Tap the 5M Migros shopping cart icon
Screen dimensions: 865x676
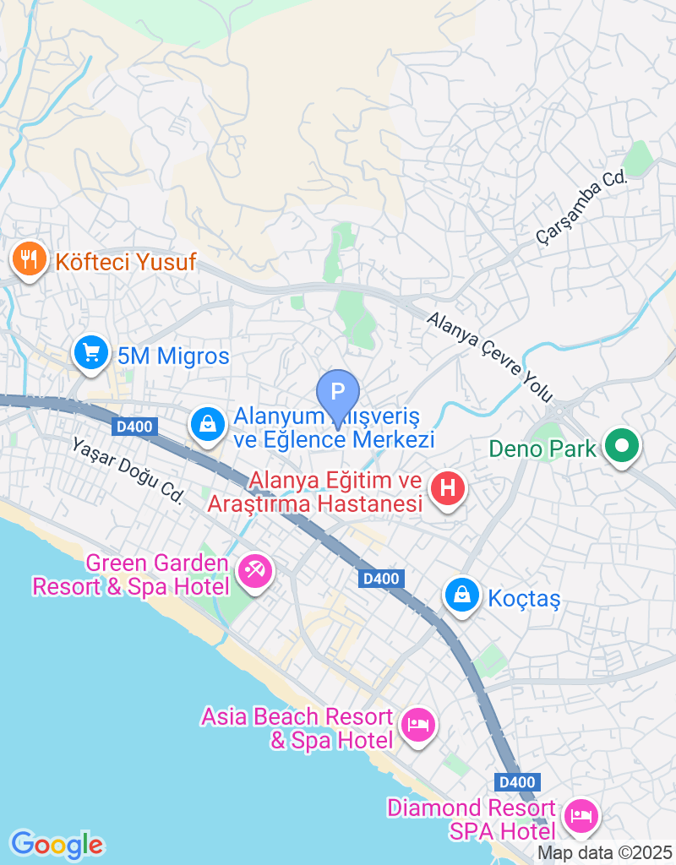coord(90,353)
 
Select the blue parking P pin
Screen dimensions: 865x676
coord(337,394)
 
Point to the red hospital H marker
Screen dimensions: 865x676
coord(448,489)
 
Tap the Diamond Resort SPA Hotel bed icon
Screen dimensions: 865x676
coord(581,815)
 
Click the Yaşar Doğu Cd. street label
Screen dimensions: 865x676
coord(128,471)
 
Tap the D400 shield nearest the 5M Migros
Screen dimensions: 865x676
coord(134,427)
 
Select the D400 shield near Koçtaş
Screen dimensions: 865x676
coord(380,579)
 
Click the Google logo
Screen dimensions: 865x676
coord(57,844)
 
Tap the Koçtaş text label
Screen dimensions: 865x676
coord(525,599)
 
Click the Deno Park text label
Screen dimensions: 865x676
coord(542,449)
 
